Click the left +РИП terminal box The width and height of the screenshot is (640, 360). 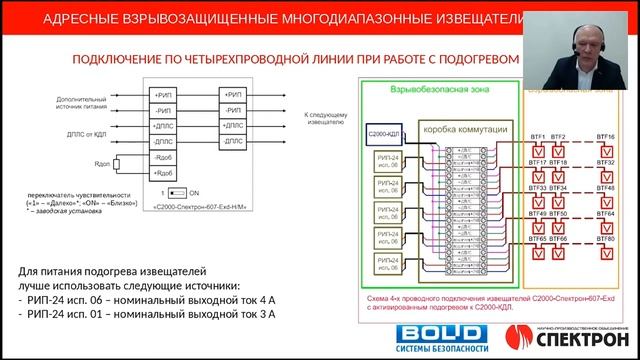point(163,95)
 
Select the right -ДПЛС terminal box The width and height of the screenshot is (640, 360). point(234,142)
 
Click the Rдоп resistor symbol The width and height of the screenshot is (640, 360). point(117,163)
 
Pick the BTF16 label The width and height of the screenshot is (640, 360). point(605,136)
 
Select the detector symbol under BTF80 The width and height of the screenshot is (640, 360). point(605,253)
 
